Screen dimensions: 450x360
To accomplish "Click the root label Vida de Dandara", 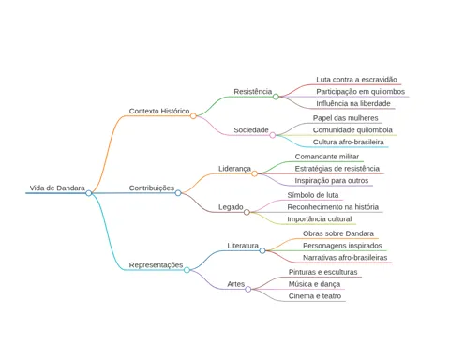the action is pos(57,188).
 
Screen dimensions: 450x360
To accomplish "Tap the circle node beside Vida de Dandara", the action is pos(89,193).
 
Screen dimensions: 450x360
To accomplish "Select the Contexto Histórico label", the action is pos(159,111).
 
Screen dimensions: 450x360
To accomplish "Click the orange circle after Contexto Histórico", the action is pos(193,116).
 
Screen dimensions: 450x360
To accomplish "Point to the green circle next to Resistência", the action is pos(276,97).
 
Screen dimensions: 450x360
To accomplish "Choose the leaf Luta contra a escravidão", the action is pos(356,80).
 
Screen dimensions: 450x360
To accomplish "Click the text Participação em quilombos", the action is pos(361,92).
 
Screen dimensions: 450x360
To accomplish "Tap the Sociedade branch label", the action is pos(251,130).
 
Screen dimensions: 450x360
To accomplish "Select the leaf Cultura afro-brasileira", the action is pos(349,142).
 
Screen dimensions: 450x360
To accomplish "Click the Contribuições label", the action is pos(152,188).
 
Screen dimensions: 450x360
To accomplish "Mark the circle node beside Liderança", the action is pos(254,173).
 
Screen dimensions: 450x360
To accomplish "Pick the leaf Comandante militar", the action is pos(327,157).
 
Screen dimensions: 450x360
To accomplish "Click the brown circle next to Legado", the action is pos(247,212).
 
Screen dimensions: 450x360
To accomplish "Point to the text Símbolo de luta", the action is pos(313,195).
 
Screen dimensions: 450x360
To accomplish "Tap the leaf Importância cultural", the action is pos(320,219).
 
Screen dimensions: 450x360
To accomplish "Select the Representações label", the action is pos(156,265).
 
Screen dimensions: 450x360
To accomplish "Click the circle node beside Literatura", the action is pos(262,250).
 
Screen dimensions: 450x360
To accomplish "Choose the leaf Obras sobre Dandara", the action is pos(338,233).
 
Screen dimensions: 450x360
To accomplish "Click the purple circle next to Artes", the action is pos(248,289).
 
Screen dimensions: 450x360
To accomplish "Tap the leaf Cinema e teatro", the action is pos(315,296).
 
